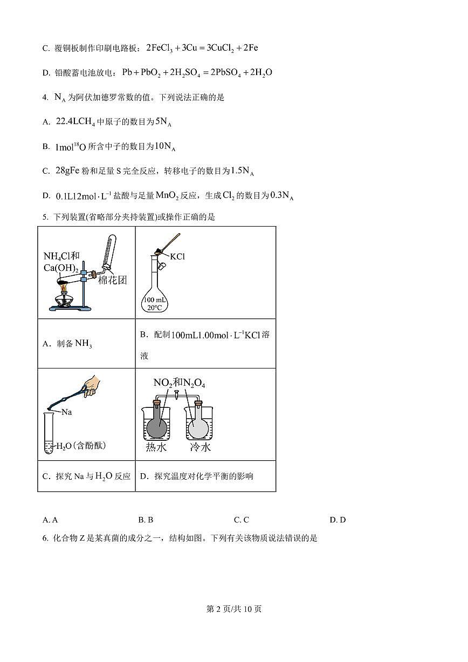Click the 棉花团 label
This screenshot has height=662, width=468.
(x=112, y=279)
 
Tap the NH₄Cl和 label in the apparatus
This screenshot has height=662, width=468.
(x=61, y=256)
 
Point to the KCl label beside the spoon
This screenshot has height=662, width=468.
(x=177, y=257)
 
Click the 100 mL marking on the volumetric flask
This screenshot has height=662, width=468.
(x=154, y=299)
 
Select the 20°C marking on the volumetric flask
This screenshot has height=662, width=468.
(x=154, y=308)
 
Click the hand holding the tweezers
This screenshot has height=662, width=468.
(x=93, y=385)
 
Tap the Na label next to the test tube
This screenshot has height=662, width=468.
(x=67, y=412)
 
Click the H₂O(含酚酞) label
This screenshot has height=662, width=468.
(x=81, y=446)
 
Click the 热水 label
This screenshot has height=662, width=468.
(x=156, y=447)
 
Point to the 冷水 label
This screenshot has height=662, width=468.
(x=200, y=447)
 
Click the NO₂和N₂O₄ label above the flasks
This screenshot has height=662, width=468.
(x=179, y=383)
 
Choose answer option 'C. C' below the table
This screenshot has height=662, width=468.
(x=241, y=520)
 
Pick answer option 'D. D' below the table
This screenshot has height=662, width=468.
(x=338, y=520)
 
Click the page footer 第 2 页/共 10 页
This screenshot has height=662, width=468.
(x=234, y=609)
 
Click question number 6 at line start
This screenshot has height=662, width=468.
(x=45, y=538)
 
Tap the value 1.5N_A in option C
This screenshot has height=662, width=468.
(x=242, y=172)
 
